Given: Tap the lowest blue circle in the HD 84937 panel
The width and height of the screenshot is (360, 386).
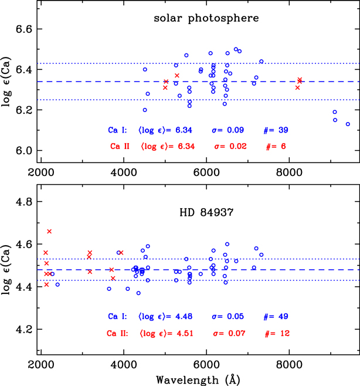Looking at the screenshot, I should click(x=138, y=293).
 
